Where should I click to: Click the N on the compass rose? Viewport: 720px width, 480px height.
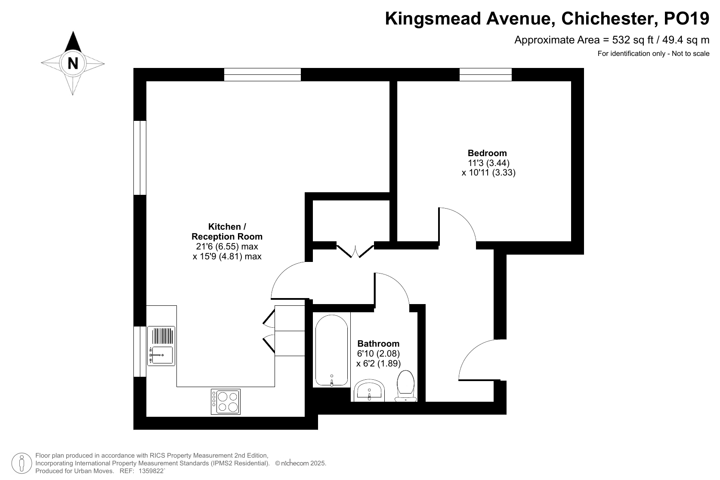(73, 63)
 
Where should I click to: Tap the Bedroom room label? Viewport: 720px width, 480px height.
(487, 153)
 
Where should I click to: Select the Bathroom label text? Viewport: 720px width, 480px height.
(378, 344)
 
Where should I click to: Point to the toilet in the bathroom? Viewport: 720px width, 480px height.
(406, 386)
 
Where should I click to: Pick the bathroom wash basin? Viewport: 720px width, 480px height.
(369, 391)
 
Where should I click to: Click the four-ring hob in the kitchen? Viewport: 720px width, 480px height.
(226, 402)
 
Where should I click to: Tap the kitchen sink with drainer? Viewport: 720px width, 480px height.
(161, 346)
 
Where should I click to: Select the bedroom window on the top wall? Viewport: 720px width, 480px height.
(485, 74)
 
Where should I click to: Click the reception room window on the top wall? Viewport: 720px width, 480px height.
(262, 74)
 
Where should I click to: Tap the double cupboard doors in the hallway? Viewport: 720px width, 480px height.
(355, 251)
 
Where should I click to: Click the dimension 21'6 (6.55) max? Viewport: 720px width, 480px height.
(227, 246)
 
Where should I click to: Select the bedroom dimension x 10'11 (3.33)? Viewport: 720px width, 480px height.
(488, 172)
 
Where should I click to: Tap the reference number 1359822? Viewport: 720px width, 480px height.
(151, 471)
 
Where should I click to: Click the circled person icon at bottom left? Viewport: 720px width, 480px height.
(22, 464)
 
